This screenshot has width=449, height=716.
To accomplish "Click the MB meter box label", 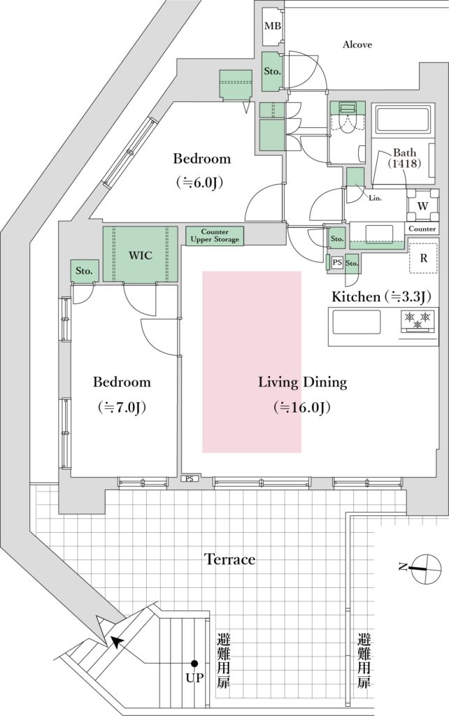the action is pyautogui.click(x=273, y=26).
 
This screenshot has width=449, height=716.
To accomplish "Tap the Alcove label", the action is pyautogui.click(x=357, y=44).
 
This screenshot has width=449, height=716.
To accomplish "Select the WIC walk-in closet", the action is pyautogui.click(x=141, y=255).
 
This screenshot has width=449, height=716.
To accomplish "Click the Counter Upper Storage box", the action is pyautogui.click(x=215, y=236).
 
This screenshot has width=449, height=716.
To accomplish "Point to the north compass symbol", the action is pyautogui.click(x=425, y=568).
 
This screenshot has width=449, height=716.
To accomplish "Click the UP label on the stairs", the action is pyautogui.click(x=194, y=678).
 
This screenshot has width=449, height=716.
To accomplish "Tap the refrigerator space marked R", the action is pyautogui.click(x=423, y=258).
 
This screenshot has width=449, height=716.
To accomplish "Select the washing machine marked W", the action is pyautogui.click(x=423, y=206).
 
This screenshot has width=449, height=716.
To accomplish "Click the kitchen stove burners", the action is pyautogui.click(x=418, y=320).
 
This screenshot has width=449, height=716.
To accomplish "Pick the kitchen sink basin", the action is pyautogui.click(x=356, y=322).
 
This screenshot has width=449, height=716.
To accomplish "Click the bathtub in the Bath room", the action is pyautogui.click(x=402, y=120).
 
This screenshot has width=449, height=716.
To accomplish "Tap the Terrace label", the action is pyautogui.click(x=229, y=559).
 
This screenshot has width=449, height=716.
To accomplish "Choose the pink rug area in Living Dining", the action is pyautogui.click(x=252, y=361).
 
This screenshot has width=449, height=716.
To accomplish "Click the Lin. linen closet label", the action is pyautogui.click(x=376, y=198).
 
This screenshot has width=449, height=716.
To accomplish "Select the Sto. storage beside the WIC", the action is pyautogui.click(x=84, y=271).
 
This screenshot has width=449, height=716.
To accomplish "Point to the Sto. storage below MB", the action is pyautogui.click(x=272, y=71).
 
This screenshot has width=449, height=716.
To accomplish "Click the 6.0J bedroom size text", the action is pyautogui.click(x=199, y=183).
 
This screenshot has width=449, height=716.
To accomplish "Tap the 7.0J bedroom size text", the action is pyautogui.click(x=122, y=408).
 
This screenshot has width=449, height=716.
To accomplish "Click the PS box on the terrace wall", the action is pyautogui.click(x=190, y=478).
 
